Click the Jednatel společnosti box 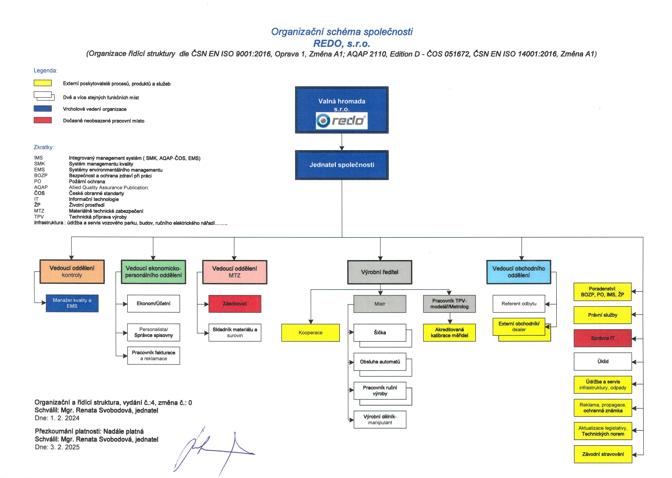342,165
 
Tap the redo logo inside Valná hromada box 341,120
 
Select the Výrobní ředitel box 380,272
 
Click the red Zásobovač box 235,303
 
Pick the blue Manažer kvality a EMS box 72,303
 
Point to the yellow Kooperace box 310,333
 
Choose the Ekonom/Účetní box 153,303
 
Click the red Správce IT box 602,338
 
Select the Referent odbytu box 519,303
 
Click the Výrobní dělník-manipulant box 380,419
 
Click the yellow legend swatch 43,83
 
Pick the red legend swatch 43,120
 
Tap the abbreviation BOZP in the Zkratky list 41,175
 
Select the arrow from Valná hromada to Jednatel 342,142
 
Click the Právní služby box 602,315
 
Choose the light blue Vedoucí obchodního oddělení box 519,272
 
